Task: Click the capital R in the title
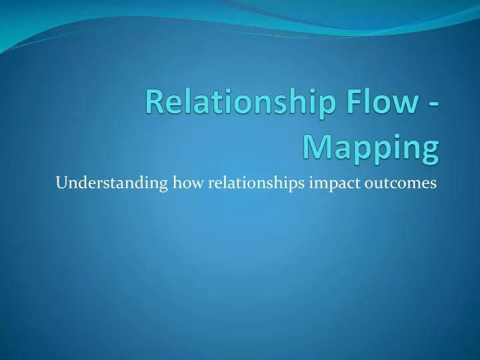pyautogui.click(x=155, y=105)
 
